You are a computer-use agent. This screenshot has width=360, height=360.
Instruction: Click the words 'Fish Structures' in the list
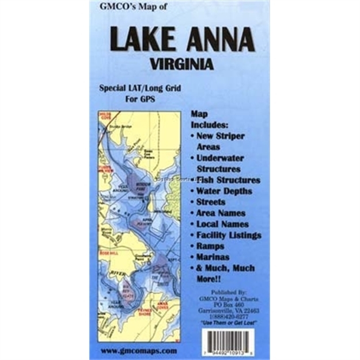click(x=229, y=180)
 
